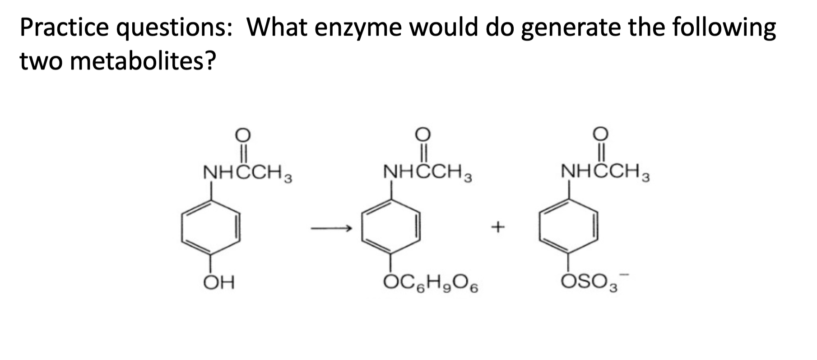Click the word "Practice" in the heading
coord(64,28)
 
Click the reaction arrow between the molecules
coord(330,229)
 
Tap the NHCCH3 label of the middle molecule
coord(427,173)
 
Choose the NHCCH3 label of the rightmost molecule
coord(605,173)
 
